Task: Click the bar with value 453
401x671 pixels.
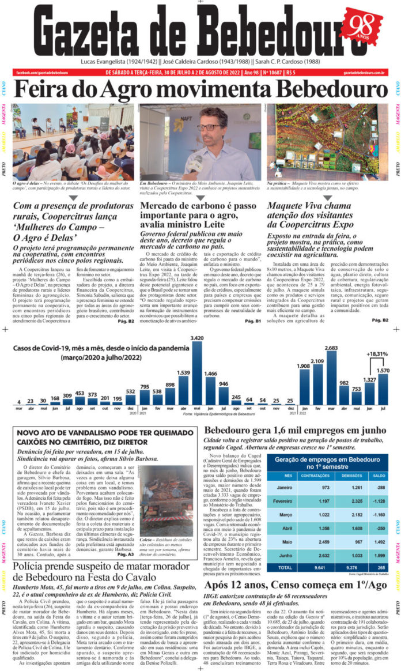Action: [81, 402]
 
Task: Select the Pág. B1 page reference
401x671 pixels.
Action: [253, 321]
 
